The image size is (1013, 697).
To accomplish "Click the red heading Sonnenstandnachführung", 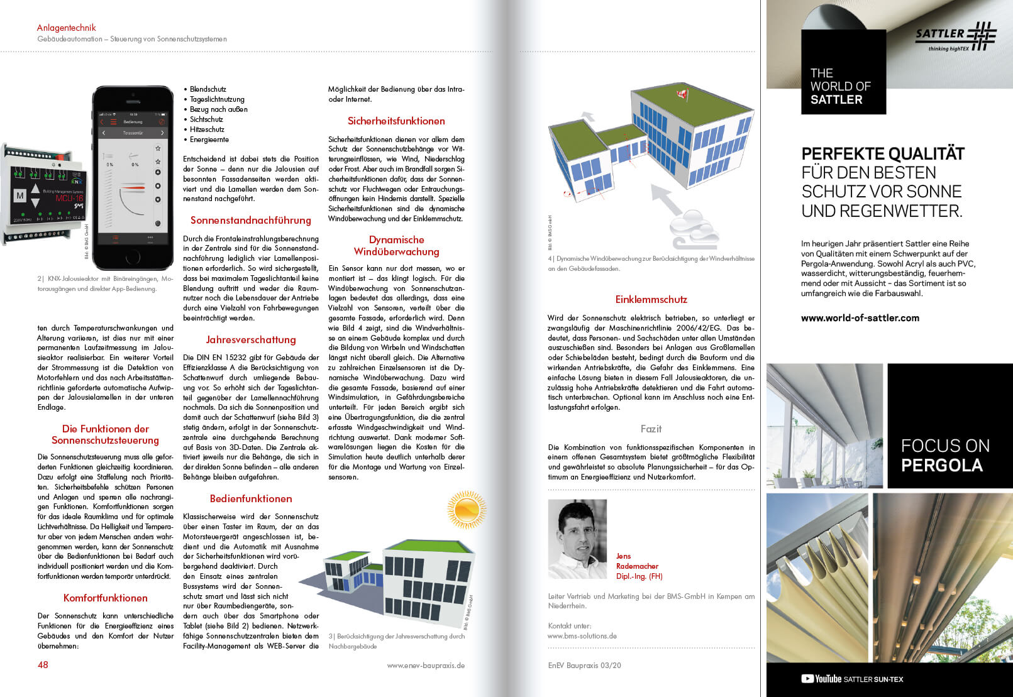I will click(x=251, y=220).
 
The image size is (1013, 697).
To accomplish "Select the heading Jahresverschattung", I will click(x=251, y=339).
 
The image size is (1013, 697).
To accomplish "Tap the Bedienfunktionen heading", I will click(x=251, y=498).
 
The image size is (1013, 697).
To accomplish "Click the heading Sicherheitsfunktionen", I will click(x=396, y=121).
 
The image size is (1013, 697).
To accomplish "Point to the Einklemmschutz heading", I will click(x=651, y=300).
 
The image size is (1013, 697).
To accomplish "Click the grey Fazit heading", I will click(x=651, y=429).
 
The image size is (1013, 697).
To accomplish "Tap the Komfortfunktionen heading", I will click(x=105, y=598).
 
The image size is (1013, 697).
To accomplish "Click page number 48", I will click(x=43, y=664).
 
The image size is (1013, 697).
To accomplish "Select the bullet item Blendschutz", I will click(x=208, y=89).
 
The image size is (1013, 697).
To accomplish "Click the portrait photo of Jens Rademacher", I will click(x=577, y=539).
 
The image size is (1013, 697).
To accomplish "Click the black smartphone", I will click(x=133, y=170).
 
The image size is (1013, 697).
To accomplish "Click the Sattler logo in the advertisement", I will click(x=956, y=36).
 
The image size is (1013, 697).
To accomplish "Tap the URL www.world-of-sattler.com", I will click(x=860, y=318).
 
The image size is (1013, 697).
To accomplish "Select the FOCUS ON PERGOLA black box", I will click(x=949, y=425).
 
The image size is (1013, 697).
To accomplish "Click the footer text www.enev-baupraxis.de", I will click(x=426, y=665).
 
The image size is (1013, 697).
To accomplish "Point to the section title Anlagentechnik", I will click(x=66, y=28).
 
